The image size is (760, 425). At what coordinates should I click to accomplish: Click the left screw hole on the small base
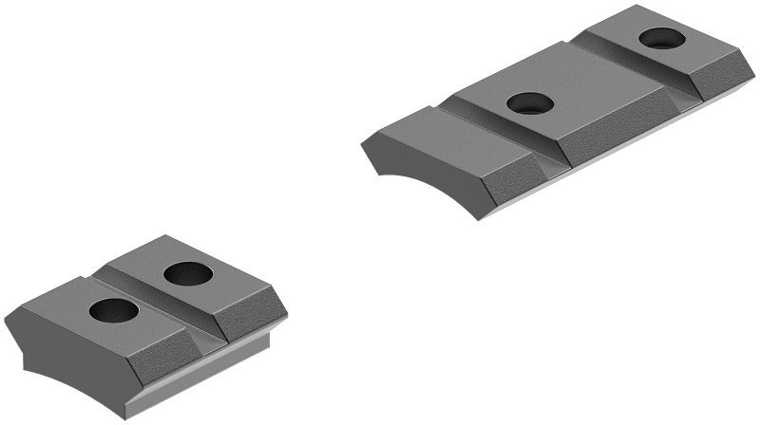114,309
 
